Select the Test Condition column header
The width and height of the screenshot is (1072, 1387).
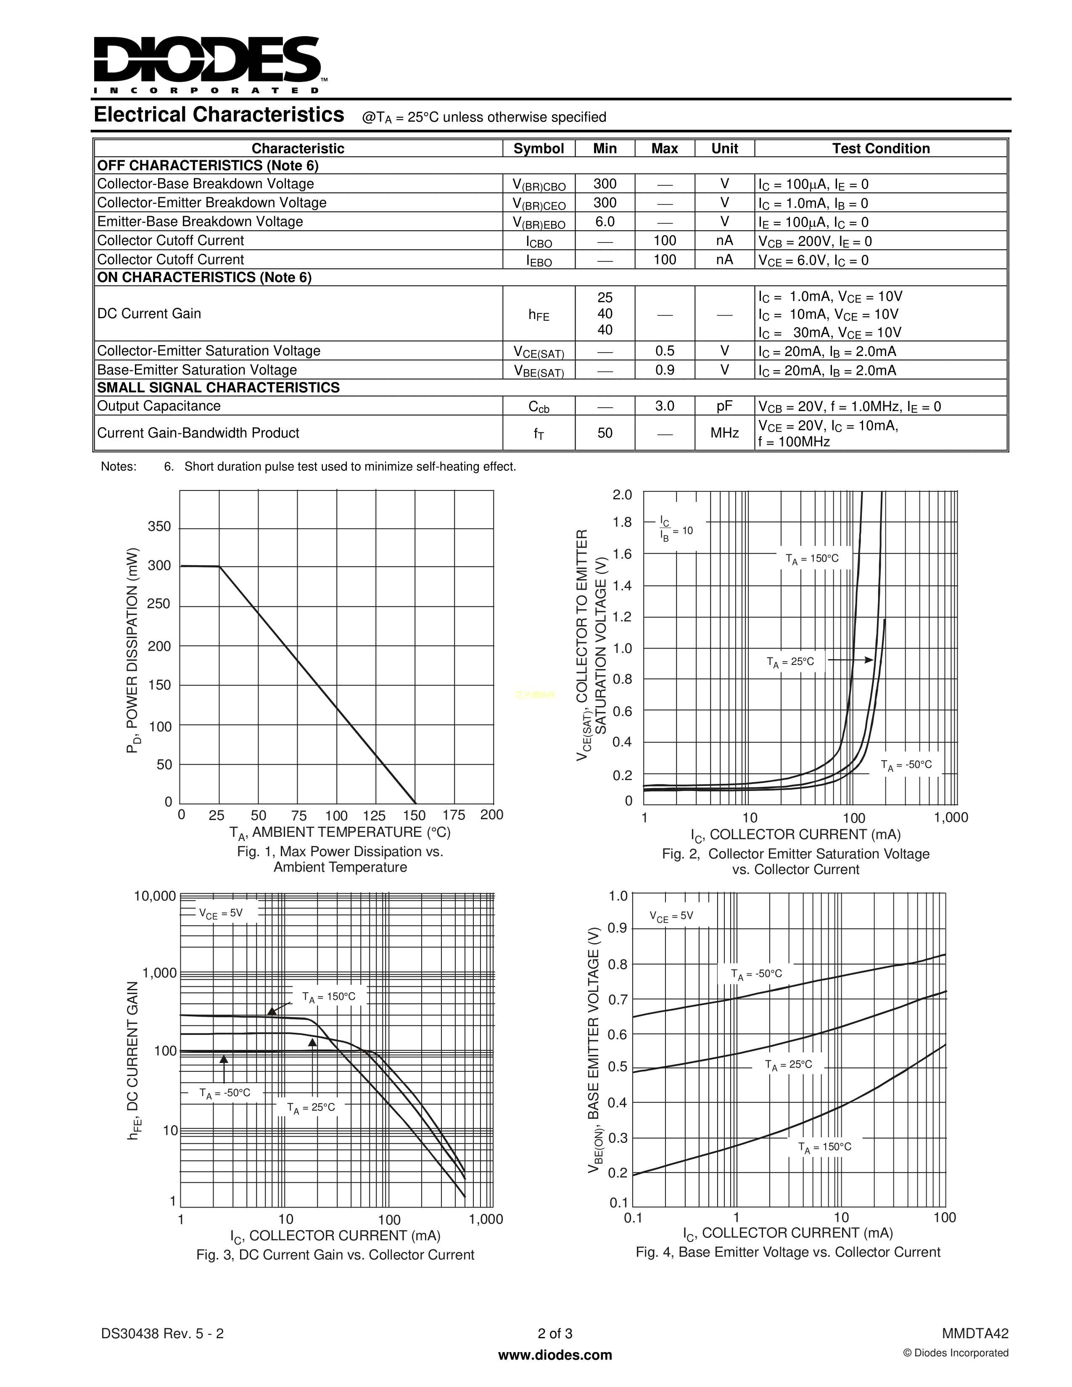[x=881, y=149]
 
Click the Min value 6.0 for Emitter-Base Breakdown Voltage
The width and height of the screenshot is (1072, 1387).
[x=605, y=221]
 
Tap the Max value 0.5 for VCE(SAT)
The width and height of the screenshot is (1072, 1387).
[x=664, y=351]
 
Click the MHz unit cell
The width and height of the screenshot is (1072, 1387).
[x=724, y=433]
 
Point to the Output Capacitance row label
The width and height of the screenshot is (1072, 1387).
[x=159, y=406]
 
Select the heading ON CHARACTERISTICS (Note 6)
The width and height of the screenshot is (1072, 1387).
[x=204, y=277]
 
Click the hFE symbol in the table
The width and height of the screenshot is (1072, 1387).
[x=539, y=314]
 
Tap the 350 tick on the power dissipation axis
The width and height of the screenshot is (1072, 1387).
[x=159, y=527]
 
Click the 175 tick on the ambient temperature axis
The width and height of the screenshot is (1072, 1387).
[x=454, y=815]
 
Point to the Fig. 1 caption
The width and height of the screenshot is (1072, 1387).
[x=340, y=859]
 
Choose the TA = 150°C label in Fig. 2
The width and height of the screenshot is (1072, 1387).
[x=812, y=559]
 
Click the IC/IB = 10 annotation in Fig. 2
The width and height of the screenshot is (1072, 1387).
[x=675, y=529]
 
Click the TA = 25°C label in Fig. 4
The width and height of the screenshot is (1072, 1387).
[x=788, y=1065]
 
